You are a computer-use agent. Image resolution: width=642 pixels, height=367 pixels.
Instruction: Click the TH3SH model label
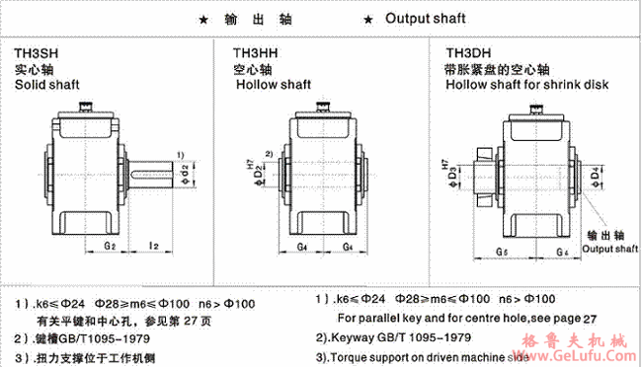[36, 53]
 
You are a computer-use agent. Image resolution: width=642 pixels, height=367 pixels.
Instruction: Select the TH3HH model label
[254, 53]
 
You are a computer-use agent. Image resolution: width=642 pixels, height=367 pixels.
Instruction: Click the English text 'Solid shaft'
[46, 86]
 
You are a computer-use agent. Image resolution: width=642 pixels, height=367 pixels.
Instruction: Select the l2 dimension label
[153, 243]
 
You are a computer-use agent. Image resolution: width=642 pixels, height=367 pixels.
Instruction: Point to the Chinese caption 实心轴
[28, 70]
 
